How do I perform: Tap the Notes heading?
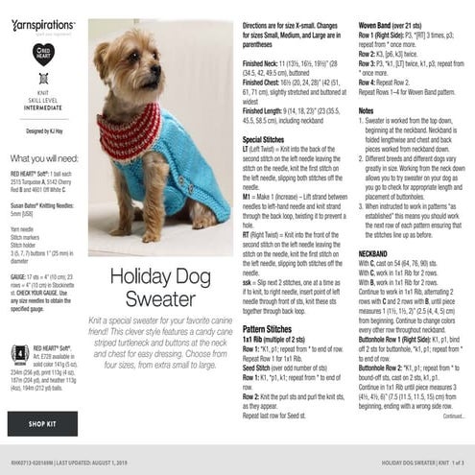coord(366,110)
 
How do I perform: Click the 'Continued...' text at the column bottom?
coord(453,416)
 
